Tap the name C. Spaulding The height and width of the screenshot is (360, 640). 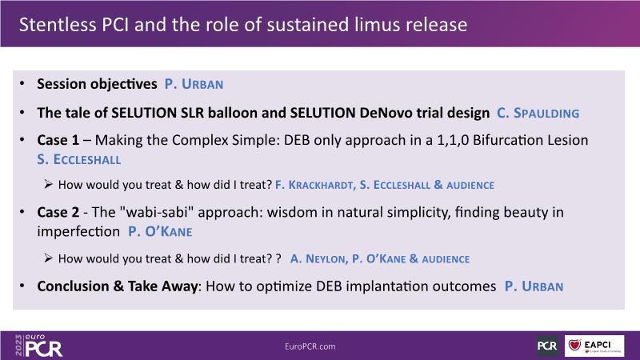[538, 113]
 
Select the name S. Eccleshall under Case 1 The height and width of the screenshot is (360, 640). [79, 159]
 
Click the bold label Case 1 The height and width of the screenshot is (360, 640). [58, 140]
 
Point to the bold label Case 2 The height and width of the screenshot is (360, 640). [58, 212]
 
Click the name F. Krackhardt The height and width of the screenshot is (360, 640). [314, 185]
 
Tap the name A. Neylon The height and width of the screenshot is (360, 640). [318, 258]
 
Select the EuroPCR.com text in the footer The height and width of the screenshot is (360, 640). [310, 346]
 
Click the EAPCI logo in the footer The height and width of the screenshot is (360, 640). [594, 346]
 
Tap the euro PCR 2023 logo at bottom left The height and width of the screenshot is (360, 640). [38, 346]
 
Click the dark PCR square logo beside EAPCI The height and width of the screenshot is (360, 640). [547, 346]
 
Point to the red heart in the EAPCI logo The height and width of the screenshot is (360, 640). [574, 345]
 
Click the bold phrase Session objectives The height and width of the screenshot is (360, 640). [97, 84]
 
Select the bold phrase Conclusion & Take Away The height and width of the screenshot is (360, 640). [118, 286]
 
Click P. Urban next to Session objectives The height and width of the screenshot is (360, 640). [194, 84]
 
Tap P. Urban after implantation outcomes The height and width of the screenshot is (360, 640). [534, 286]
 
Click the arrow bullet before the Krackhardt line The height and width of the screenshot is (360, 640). [48, 185]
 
